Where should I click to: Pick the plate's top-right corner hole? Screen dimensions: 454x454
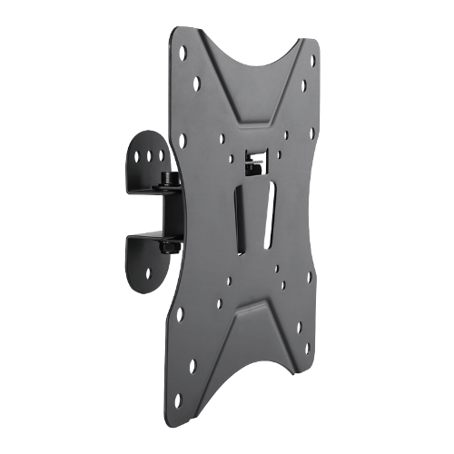313,63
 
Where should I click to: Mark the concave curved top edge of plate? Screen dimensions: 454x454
253,54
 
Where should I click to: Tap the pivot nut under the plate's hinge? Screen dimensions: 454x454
170,246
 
